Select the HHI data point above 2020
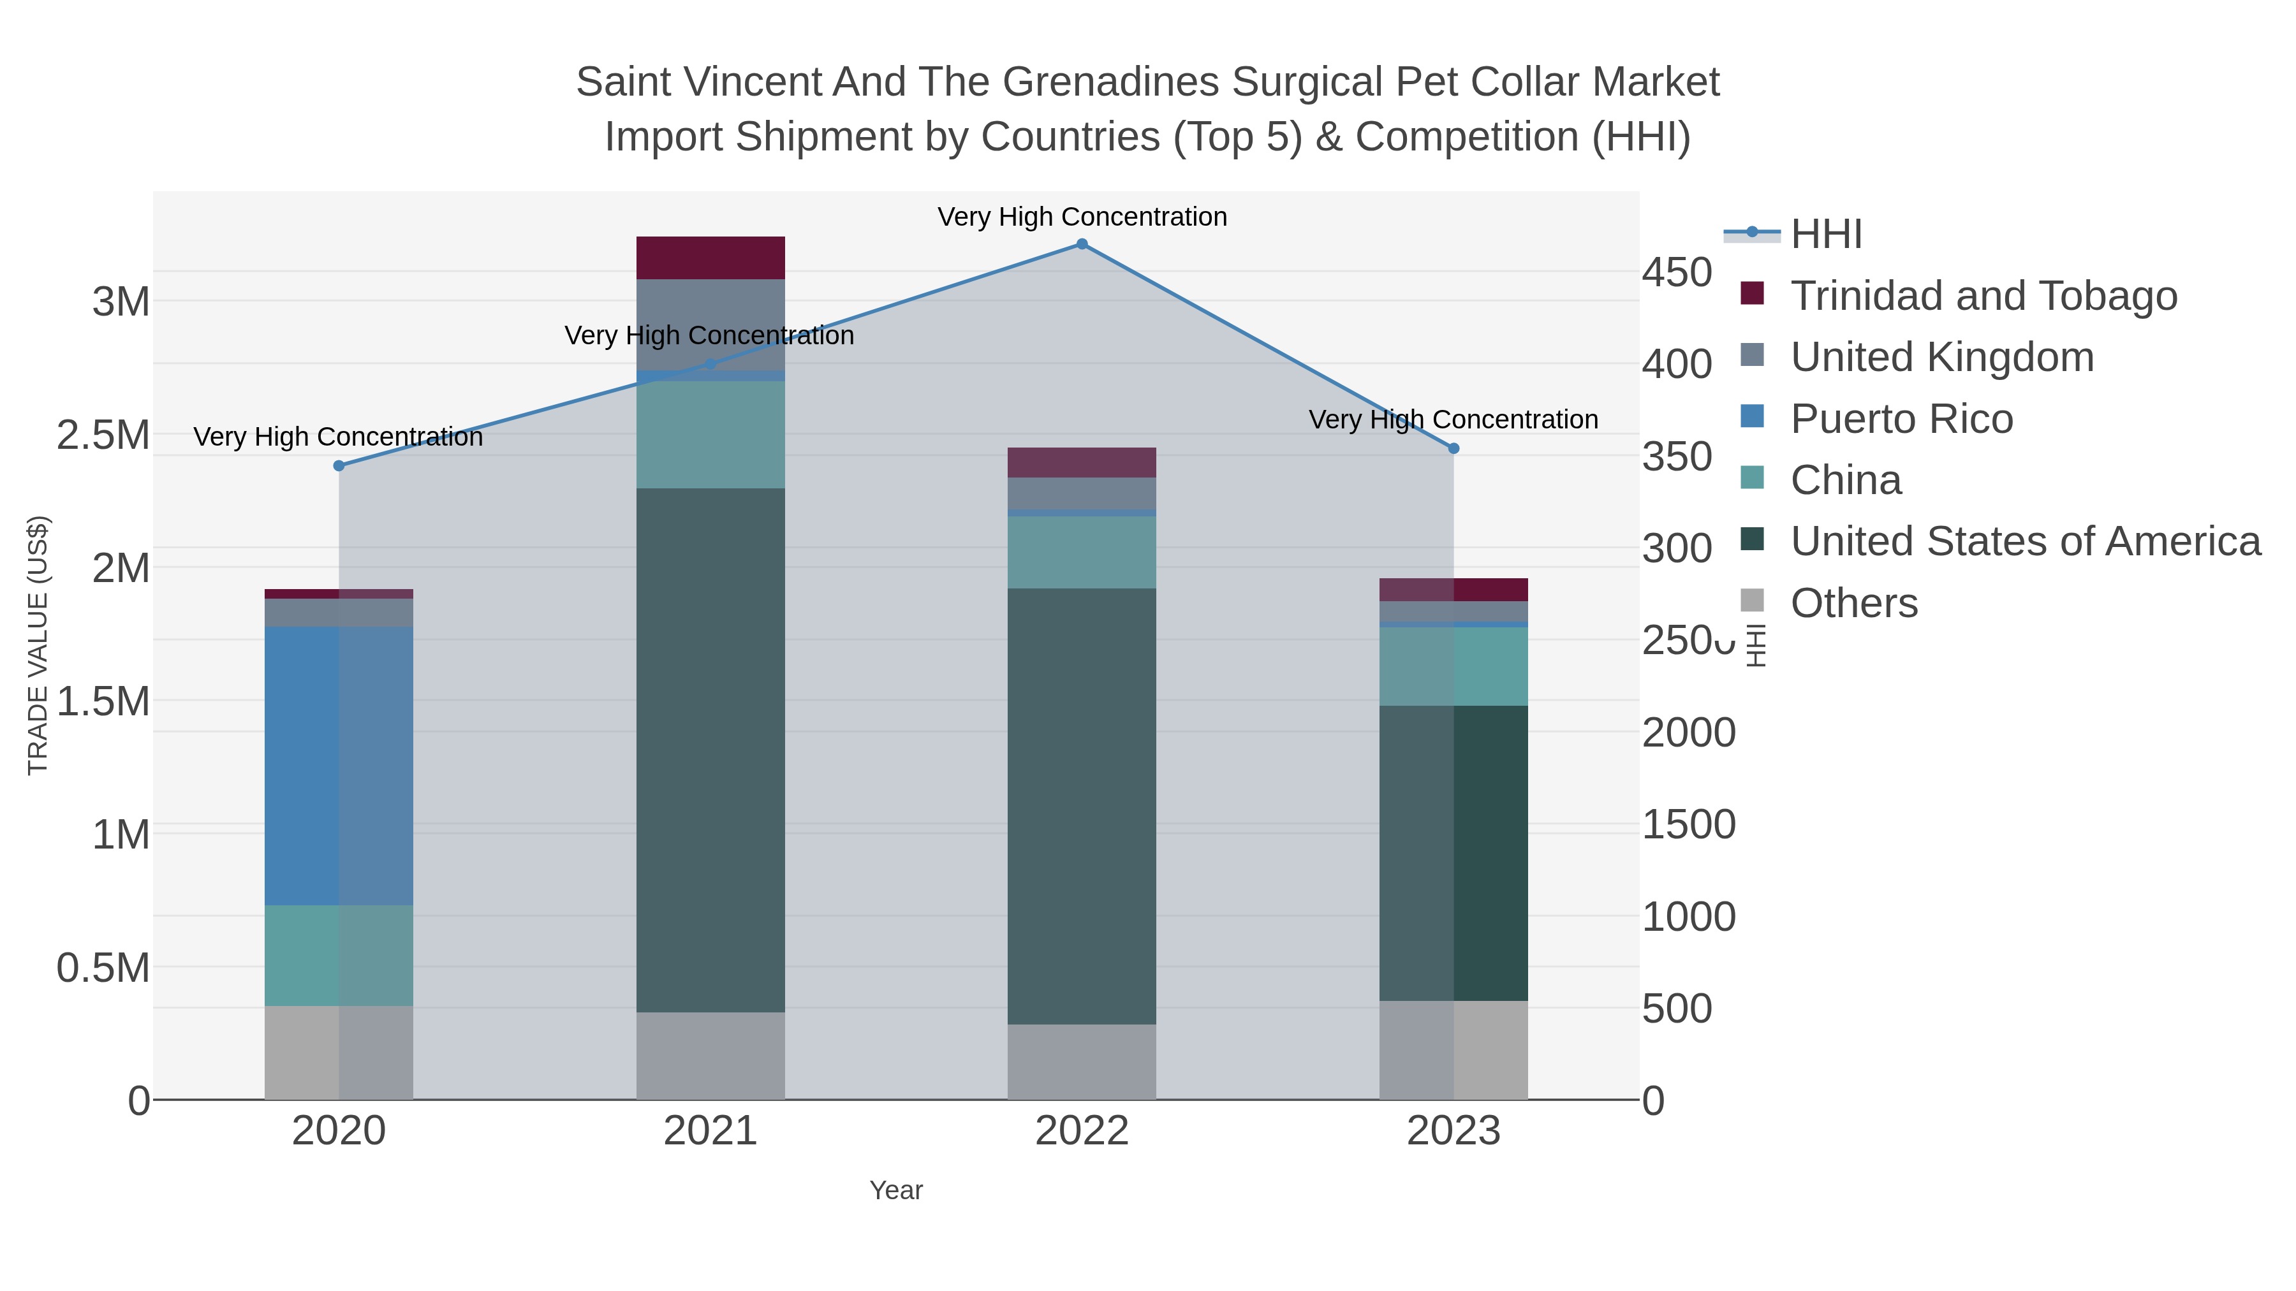click(339, 466)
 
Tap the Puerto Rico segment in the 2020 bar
click(339, 766)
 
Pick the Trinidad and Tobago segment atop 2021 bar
click(710, 258)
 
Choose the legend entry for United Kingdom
click(1941, 357)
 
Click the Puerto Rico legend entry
click(1901, 419)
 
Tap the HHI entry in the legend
click(1825, 235)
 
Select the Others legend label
click(1854, 603)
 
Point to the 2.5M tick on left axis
click(103, 435)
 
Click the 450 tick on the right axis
click(1677, 273)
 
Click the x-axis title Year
click(896, 1190)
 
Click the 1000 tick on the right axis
click(1688, 917)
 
